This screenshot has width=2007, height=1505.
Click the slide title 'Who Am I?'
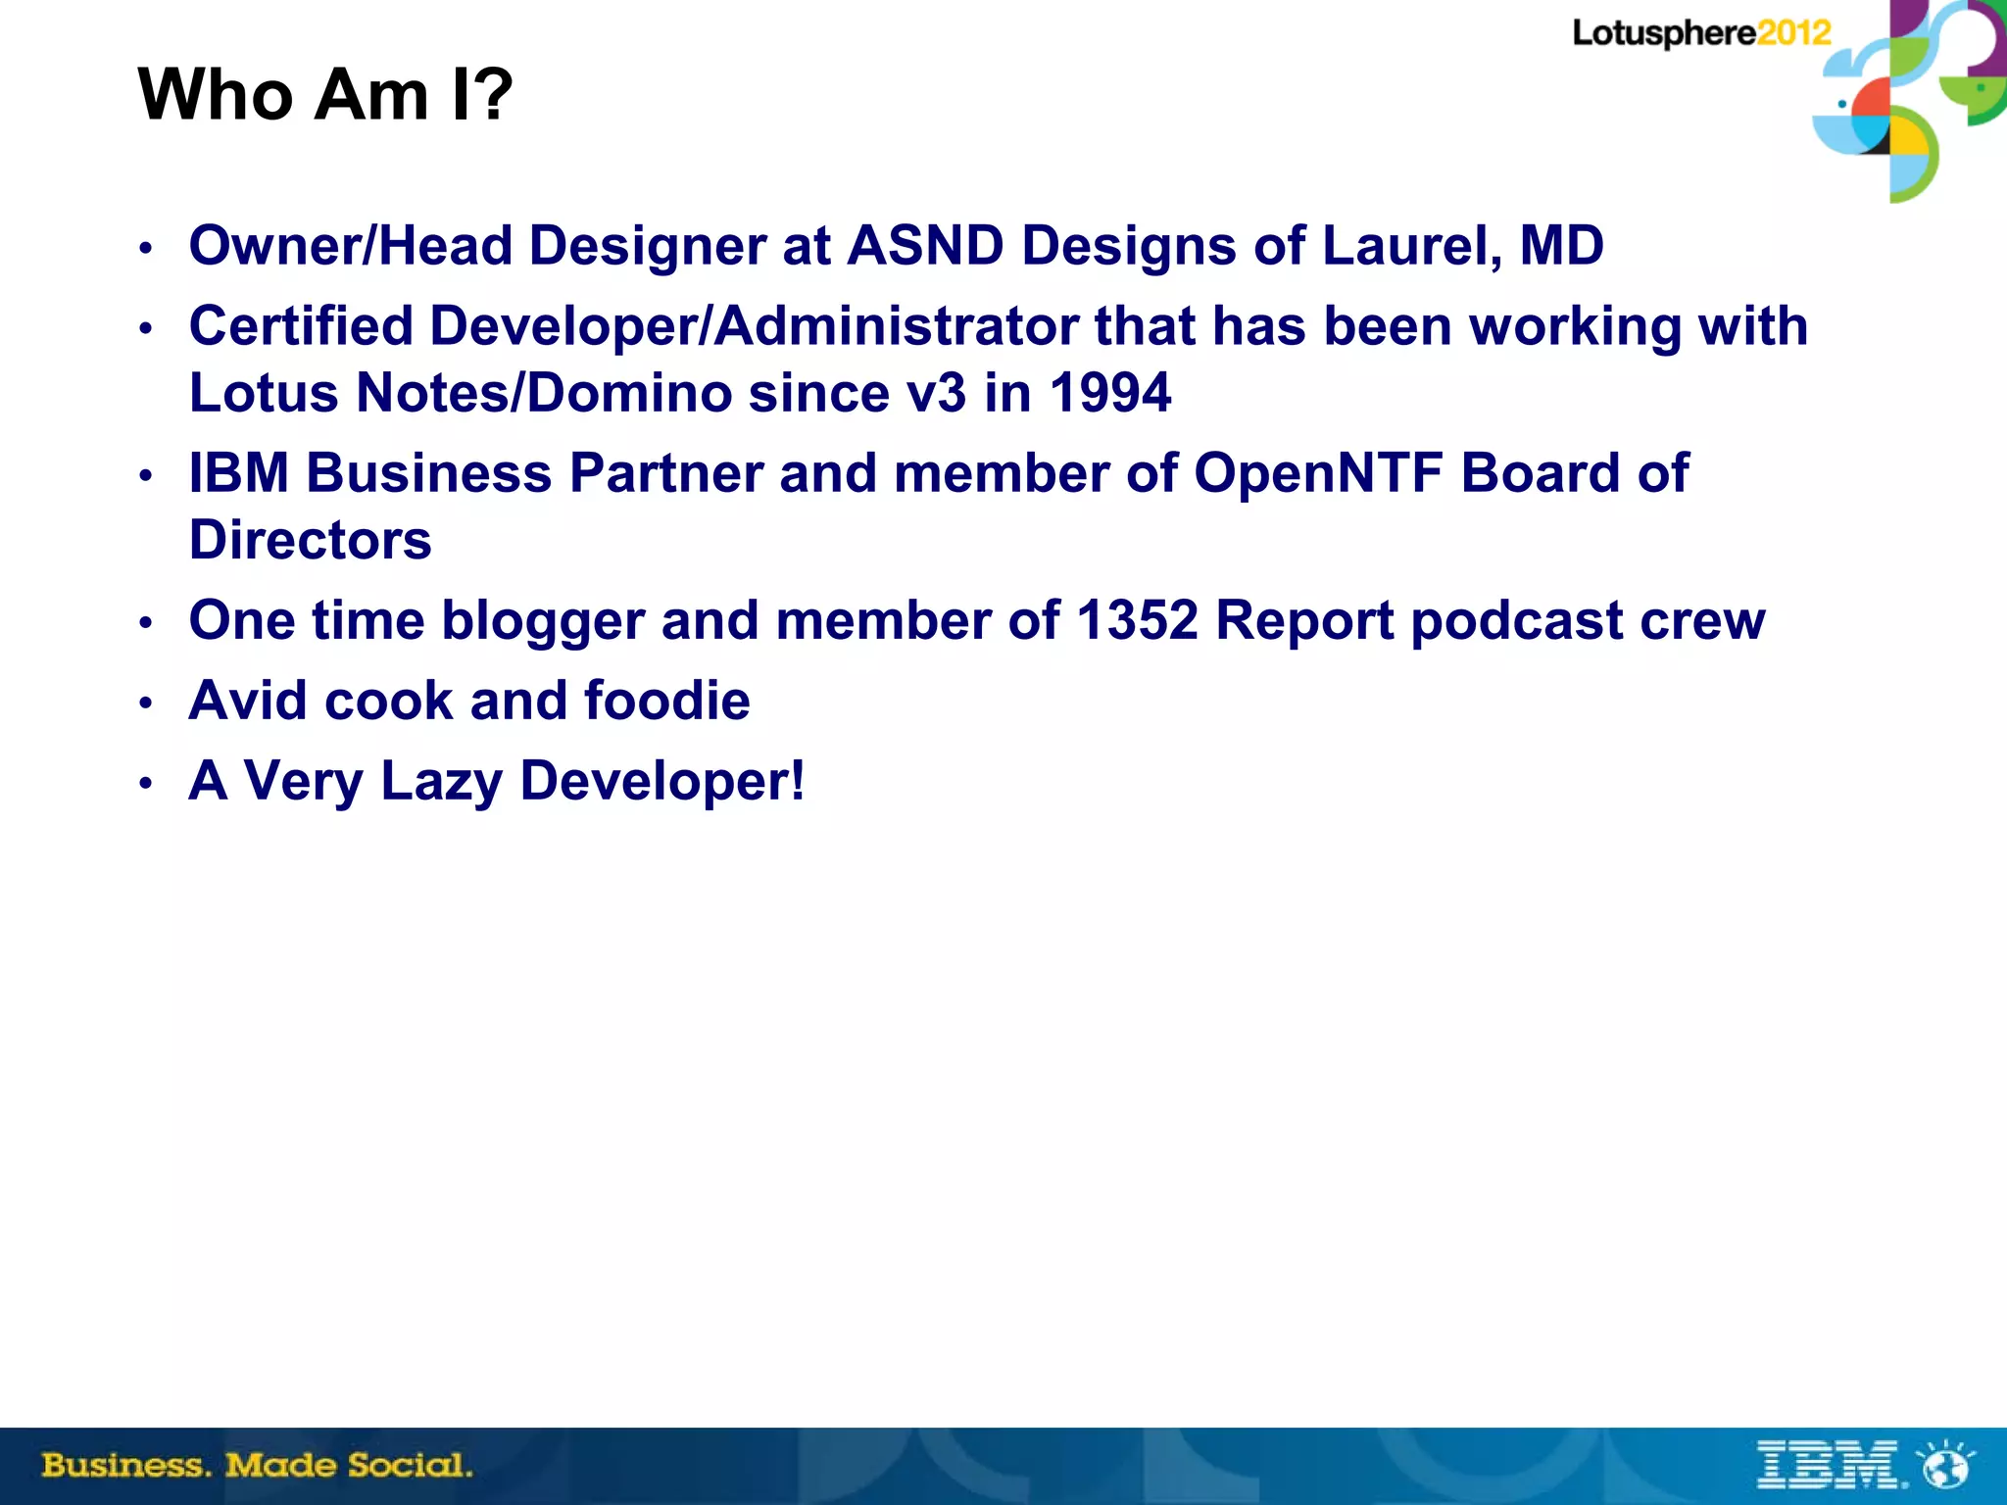pos(324,95)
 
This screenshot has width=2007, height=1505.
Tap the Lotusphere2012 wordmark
pos(1701,33)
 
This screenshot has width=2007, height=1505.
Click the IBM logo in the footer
pos(1829,1466)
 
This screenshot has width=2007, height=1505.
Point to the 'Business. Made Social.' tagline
pos(257,1466)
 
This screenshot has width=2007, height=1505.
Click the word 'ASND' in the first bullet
pos(925,245)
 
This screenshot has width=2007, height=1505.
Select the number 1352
pos(1137,620)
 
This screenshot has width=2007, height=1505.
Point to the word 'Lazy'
pos(441,781)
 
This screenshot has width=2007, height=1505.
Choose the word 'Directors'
pos(310,540)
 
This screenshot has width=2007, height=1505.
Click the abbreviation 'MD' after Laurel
pos(1561,245)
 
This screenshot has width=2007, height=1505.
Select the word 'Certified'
pos(301,325)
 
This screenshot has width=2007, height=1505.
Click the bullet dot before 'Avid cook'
pos(146,703)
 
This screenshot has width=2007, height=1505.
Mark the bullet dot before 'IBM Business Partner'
pos(146,476)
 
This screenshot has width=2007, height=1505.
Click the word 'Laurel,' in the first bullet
pos(1412,245)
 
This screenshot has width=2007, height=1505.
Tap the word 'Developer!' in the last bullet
pos(661,781)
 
